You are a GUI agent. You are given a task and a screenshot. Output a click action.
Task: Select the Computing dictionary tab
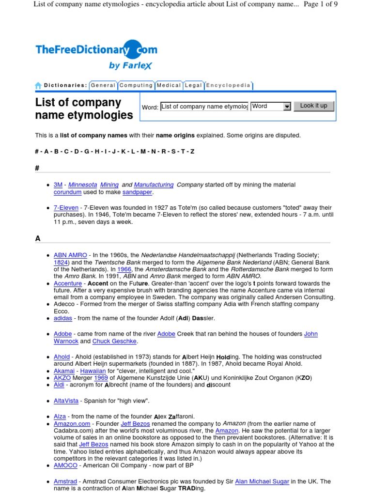(x=136, y=85)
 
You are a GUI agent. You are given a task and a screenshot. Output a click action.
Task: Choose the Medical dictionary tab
(x=169, y=85)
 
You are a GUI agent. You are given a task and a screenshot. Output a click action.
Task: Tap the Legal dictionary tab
(x=193, y=85)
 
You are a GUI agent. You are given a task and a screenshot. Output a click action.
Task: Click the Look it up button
(x=313, y=106)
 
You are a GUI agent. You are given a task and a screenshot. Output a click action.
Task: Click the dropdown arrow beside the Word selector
(x=287, y=107)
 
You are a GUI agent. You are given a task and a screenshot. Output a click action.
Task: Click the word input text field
(x=204, y=107)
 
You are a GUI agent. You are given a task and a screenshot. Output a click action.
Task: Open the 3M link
(x=58, y=185)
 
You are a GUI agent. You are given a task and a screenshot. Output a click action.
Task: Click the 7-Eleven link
(x=66, y=208)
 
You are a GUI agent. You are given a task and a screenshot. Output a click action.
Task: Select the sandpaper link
(x=137, y=192)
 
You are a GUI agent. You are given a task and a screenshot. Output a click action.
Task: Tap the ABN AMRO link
(x=70, y=255)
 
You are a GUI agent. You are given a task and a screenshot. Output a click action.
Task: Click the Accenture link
(x=68, y=283)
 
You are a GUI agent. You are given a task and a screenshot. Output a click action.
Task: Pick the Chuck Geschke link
(x=115, y=341)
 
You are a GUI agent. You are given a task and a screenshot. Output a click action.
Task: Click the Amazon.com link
(x=72, y=423)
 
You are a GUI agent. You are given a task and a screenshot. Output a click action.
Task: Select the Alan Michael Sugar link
(x=262, y=481)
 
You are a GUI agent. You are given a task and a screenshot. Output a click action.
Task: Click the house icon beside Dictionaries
(x=38, y=86)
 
